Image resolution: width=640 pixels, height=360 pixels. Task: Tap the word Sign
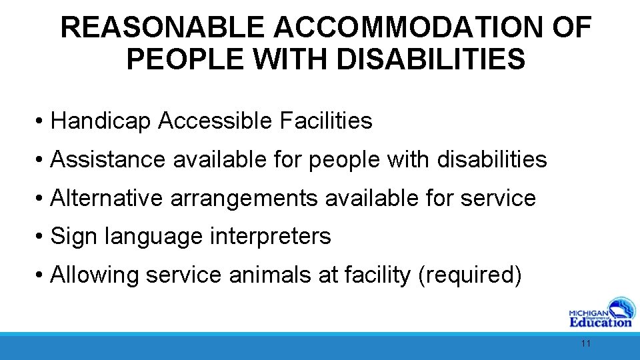tap(70, 237)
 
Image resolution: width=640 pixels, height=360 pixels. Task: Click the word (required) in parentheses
tap(468, 275)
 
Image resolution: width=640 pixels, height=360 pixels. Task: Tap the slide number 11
tap(586, 344)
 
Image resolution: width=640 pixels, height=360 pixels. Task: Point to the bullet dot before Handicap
tap(41, 122)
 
